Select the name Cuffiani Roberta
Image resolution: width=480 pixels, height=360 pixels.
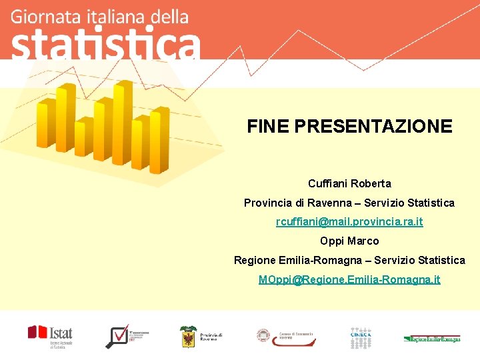pyautogui.click(x=349, y=183)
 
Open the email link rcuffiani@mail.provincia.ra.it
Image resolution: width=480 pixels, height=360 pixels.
pyautogui.click(x=349, y=221)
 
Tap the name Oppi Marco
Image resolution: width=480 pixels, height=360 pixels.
pyautogui.click(x=349, y=241)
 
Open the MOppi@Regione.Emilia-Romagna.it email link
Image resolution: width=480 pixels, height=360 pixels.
pyautogui.click(x=349, y=279)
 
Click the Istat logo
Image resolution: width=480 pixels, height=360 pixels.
pyautogui.click(x=51, y=336)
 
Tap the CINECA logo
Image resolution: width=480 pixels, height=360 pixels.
pyautogui.click(x=362, y=336)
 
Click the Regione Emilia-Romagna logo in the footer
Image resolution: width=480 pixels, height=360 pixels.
pyautogui.click(x=431, y=339)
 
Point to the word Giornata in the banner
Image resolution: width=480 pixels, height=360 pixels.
pyautogui.click(x=39, y=17)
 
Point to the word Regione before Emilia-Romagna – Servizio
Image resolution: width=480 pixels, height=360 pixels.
pyautogui.click(x=253, y=260)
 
